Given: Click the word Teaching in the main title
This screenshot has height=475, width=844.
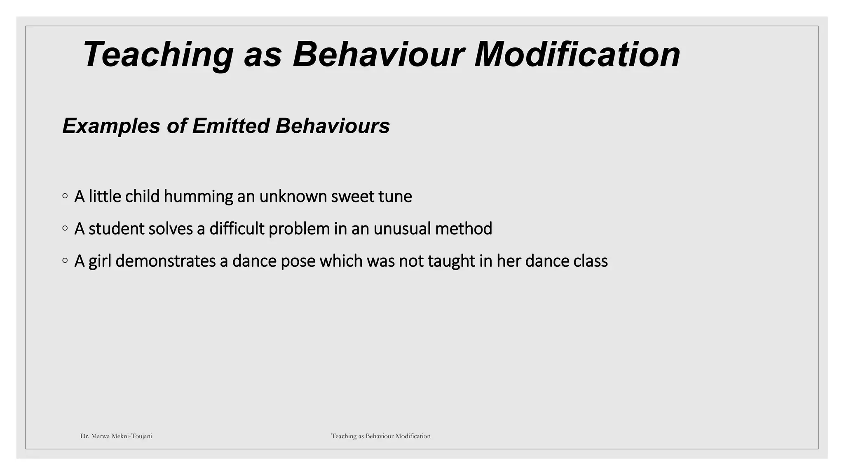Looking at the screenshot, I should click(x=158, y=55).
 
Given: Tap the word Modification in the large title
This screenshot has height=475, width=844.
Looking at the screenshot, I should click(x=577, y=54).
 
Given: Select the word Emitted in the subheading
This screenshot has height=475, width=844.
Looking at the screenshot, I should click(x=230, y=126).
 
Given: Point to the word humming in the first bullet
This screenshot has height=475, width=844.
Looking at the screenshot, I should click(x=198, y=197).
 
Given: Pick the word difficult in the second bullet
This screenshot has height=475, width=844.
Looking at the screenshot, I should click(x=237, y=229).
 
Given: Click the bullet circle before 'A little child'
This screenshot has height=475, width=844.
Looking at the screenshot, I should click(x=65, y=196).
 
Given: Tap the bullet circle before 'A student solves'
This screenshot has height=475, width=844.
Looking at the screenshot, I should click(x=65, y=228).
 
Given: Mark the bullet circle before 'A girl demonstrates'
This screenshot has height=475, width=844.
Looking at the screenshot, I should click(x=65, y=261).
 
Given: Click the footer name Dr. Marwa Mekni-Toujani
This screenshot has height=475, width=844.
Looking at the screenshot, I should click(x=116, y=436).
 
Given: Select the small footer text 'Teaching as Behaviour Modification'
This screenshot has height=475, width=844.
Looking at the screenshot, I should click(x=380, y=436).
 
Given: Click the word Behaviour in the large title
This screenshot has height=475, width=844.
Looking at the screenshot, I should click(x=378, y=54).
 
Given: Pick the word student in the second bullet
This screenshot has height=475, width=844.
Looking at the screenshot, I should click(x=116, y=229).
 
